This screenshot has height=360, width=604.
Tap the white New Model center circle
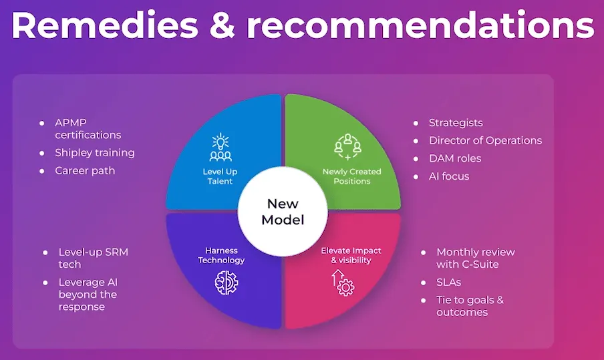pos(283,211)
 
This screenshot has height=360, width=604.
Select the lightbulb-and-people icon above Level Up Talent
pos(220,147)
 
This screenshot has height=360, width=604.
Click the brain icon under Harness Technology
pos(226,283)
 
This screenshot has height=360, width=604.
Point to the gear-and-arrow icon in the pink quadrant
pos(343,283)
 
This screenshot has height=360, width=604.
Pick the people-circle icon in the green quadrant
pos(348,147)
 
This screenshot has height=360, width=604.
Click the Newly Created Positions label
pos(351,176)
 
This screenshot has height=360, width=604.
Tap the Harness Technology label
pos(221,255)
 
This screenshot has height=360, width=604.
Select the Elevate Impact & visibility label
pos(351,255)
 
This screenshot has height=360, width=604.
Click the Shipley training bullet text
pos(95,153)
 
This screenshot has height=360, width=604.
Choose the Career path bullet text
pos(85,170)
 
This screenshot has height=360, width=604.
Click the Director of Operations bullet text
pos(485,140)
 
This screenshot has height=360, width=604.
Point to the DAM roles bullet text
pos(455,158)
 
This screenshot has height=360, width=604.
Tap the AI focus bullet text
pos(449,176)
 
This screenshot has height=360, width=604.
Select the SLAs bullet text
pos(448,283)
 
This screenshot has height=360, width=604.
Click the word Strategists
pos(456,123)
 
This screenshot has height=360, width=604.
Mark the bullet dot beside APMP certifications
pos(41,123)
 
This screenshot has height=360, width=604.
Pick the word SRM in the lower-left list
pos(117,252)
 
